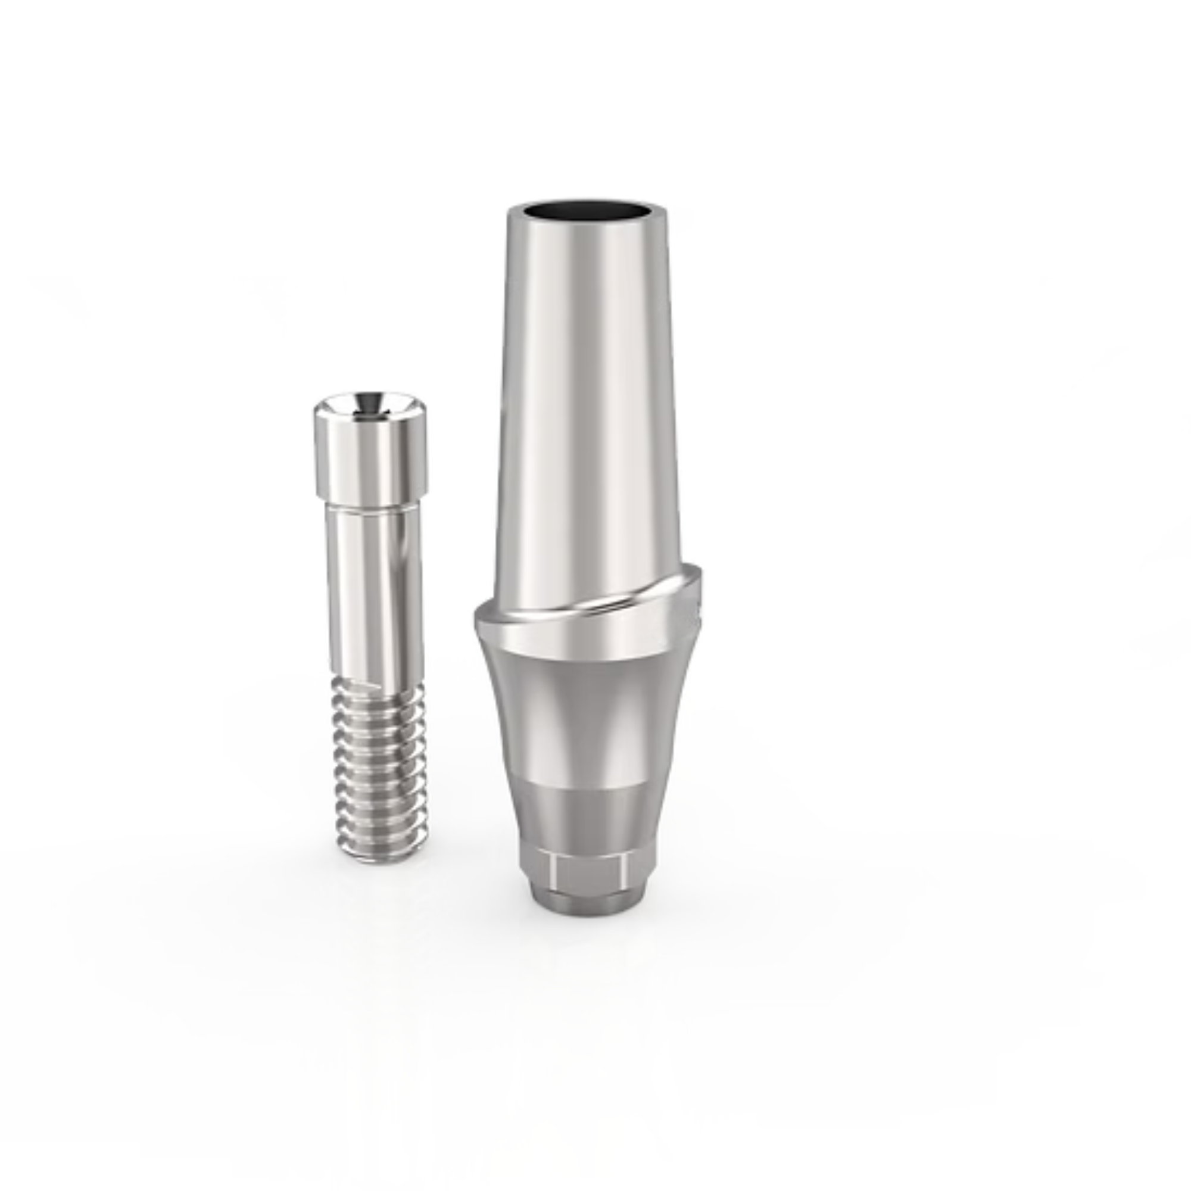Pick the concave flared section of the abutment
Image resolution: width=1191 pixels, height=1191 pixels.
(585, 721)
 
